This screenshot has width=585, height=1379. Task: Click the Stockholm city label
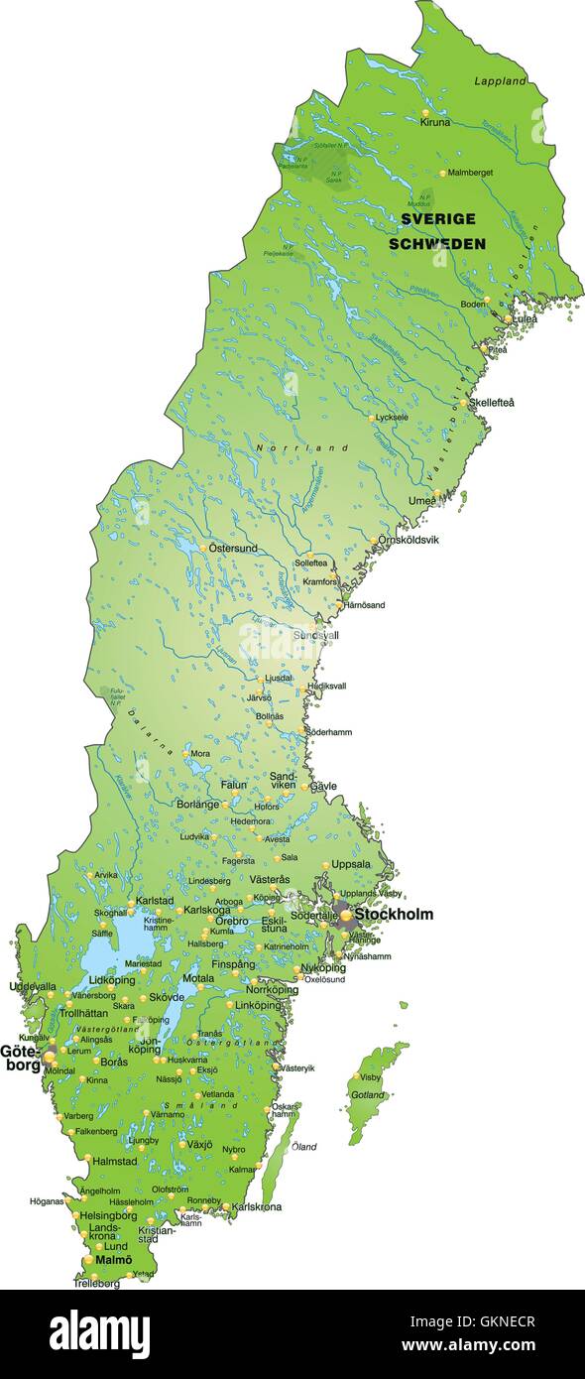pos(394,914)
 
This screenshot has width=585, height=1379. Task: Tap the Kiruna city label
pos(434,123)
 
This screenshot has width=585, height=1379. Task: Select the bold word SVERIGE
pos(437,218)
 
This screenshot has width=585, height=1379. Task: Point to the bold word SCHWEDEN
pos(436,243)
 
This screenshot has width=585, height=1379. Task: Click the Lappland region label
pos(498,80)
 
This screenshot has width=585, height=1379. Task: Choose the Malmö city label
pos(113,1259)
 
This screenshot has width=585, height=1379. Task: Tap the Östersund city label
pos(233,548)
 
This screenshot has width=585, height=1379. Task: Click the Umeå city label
pos(421,501)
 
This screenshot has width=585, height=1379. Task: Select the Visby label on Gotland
pos(370,1076)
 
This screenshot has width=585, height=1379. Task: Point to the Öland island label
pos(304,1147)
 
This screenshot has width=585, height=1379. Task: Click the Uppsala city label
pos(351,863)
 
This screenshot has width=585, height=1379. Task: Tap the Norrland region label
pos(302,448)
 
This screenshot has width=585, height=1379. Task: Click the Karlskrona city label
pos(257,1206)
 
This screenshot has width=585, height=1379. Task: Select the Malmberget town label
pos(470,173)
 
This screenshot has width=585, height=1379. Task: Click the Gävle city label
pos(323,786)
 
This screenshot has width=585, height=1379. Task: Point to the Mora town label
pos(199,754)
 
